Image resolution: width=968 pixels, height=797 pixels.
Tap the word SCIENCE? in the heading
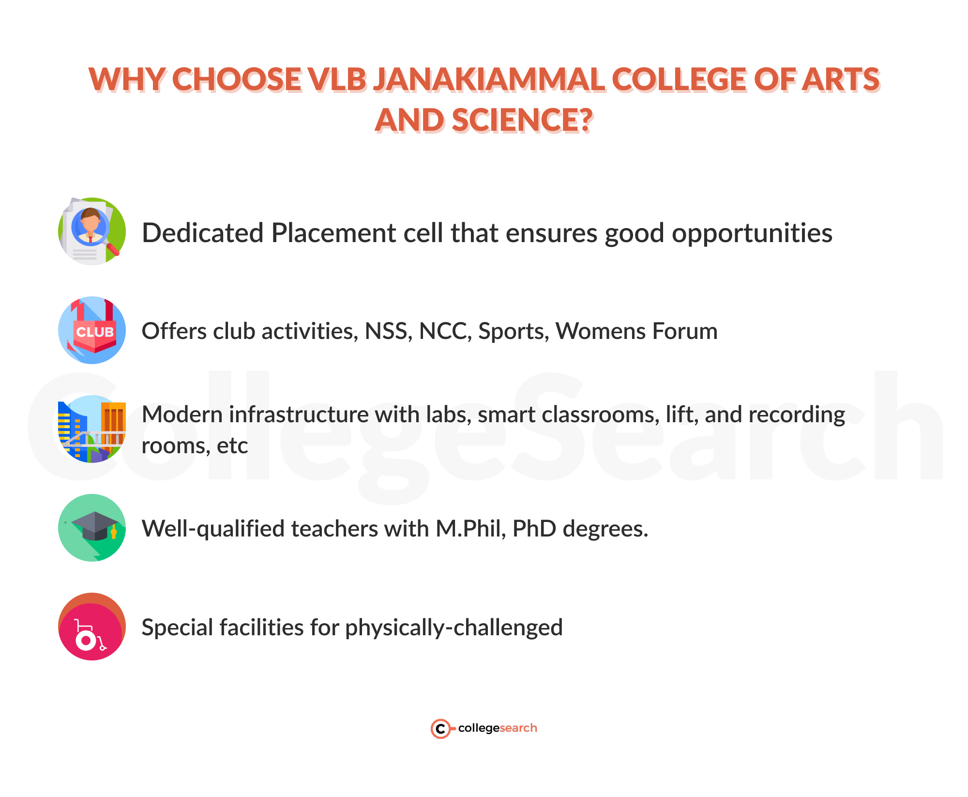click(522, 121)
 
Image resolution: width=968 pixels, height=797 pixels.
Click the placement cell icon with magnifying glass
click(92, 231)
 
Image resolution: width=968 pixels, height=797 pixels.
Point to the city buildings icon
click(92, 429)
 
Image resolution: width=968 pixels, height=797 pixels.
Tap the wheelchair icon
click(92, 627)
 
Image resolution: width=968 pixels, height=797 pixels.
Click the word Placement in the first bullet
click(333, 233)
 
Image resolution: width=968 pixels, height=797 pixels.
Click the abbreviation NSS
click(388, 332)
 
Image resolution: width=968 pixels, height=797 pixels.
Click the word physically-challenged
click(454, 628)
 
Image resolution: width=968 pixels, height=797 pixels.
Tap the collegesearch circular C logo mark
click(440, 728)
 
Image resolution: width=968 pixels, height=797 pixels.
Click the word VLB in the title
click(337, 79)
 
